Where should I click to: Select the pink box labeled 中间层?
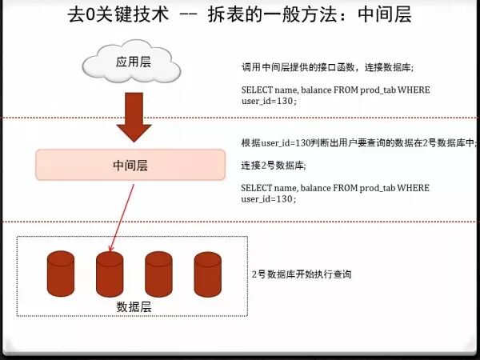[x=130, y=166]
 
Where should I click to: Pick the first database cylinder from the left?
[x=61, y=273]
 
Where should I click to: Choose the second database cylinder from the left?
[x=110, y=273]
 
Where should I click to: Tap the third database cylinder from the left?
[x=158, y=273]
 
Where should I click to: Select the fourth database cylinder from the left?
[x=207, y=273]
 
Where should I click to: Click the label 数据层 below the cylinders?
[x=133, y=306]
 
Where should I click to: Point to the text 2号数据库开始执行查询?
[x=302, y=274]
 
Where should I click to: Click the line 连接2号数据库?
[x=274, y=166]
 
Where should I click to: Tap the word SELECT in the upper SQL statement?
[x=255, y=90]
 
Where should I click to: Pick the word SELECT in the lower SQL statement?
[x=255, y=188]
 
